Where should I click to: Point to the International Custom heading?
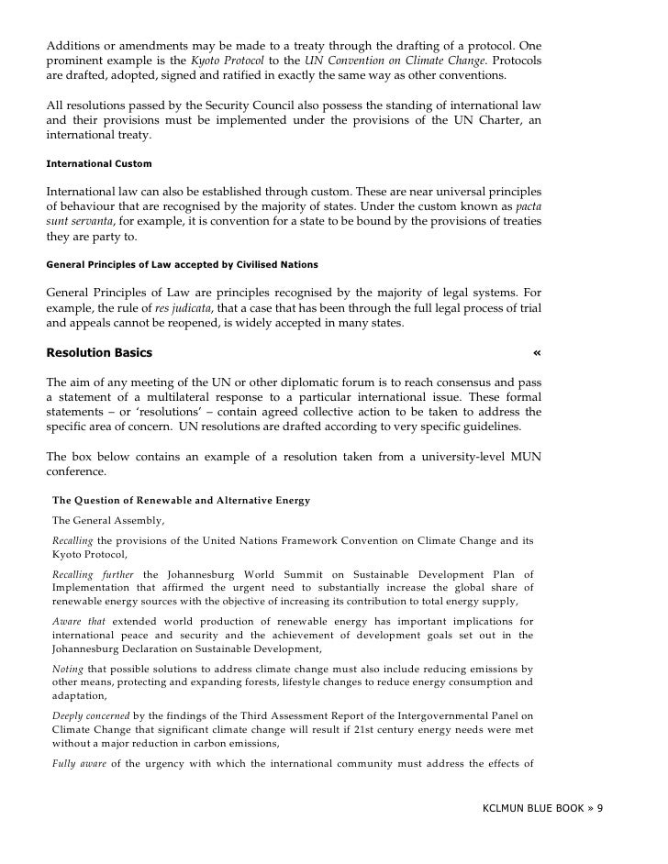99,163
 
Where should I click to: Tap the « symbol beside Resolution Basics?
537,353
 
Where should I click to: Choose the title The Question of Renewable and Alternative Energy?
181,500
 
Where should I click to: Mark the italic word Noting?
67,670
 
